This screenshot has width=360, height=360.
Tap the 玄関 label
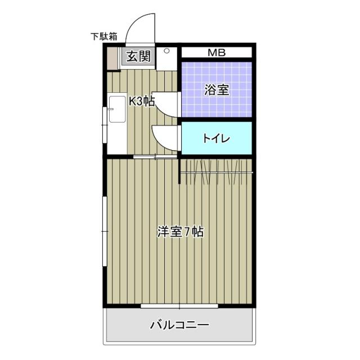pos(137,56)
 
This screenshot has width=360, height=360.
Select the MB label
pos(216,53)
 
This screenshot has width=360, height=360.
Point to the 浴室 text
pos(216,90)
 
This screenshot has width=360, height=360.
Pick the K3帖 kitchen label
pos(142,101)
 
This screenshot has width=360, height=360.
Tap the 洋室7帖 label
pos(180,231)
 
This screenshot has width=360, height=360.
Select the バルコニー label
pos(179,325)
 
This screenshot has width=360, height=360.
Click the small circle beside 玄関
pos(166,52)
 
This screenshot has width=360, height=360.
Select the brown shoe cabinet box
pos(114,58)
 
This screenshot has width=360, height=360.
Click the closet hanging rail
pos(217,171)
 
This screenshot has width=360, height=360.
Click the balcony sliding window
pos(179,307)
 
